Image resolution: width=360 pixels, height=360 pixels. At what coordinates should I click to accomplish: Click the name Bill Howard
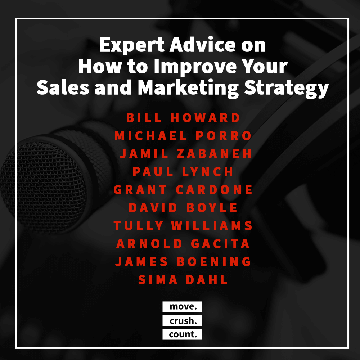(183, 118)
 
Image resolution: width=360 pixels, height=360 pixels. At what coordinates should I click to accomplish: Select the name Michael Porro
(183, 136)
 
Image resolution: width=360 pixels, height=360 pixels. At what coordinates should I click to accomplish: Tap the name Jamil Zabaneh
(186, 154)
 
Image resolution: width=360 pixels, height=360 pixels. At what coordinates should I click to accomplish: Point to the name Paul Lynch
(183, 172)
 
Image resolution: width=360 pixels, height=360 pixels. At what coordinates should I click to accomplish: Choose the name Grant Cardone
(183, 190)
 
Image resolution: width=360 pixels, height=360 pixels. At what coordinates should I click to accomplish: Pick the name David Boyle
(183, 208)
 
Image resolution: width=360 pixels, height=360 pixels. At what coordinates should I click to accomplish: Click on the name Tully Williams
(183, 226)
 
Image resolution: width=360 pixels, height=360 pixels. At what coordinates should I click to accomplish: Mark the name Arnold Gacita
(183, 244)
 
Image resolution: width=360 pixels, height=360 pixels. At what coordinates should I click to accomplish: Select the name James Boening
(183, 261)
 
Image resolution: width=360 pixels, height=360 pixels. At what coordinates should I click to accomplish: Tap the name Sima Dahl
(183, 280)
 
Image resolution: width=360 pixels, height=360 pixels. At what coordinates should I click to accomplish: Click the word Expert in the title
(132, 45)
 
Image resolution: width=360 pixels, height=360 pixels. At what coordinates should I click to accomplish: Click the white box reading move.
(182, 307)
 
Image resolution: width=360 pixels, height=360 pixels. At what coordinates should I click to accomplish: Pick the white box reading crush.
(182, 320)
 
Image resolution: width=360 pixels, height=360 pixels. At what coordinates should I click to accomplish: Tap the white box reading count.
(182, 334)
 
